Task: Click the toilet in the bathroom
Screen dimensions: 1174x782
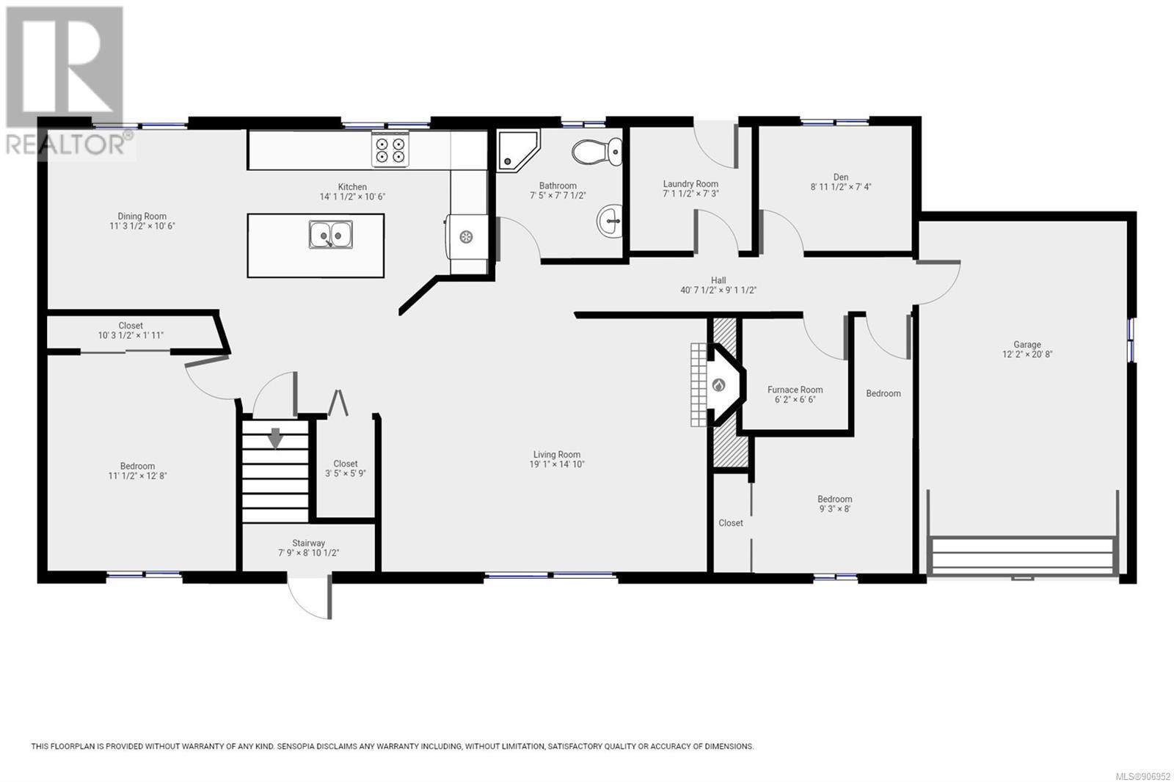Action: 597,151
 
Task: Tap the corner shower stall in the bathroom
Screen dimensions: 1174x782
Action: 518,150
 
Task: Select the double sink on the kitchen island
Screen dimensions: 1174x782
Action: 331,234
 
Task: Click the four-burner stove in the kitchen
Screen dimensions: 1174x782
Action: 390,150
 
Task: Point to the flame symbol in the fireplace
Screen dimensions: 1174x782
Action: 718,386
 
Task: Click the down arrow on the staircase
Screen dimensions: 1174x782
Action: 275,438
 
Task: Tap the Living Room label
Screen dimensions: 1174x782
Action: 557,454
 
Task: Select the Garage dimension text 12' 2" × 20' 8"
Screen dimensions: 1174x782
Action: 1027,354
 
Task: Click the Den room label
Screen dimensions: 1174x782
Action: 841,177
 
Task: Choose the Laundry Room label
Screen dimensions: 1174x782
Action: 690,184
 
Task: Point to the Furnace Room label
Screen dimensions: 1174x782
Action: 795,390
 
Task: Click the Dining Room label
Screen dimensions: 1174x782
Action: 142,216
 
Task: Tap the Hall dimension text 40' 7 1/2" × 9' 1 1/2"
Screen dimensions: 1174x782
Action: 718,290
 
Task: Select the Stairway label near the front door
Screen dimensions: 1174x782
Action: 309,543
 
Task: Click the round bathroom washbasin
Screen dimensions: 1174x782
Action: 610,221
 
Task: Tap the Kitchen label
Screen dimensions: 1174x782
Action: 352,186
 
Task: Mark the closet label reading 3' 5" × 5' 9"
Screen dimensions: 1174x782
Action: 346,473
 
